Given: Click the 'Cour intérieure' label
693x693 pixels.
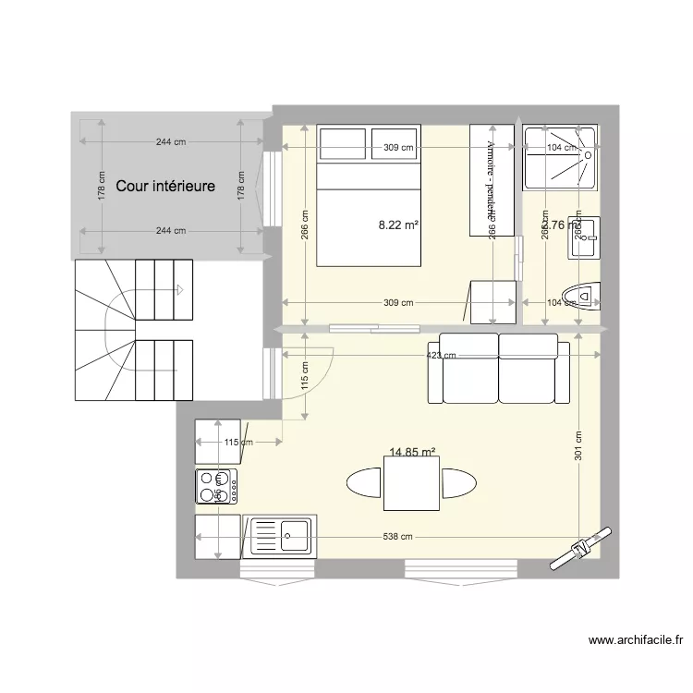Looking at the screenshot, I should click(165, 186).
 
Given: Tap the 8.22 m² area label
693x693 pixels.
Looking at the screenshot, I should click(397, 224).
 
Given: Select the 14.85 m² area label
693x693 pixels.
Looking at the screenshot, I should click(412, 453).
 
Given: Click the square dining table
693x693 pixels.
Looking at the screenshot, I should click(411, 483).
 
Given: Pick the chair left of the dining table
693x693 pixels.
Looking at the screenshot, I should click(363, 483).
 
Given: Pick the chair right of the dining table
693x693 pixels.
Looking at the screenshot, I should click(459, 483).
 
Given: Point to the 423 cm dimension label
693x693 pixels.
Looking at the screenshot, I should click(442, 354).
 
